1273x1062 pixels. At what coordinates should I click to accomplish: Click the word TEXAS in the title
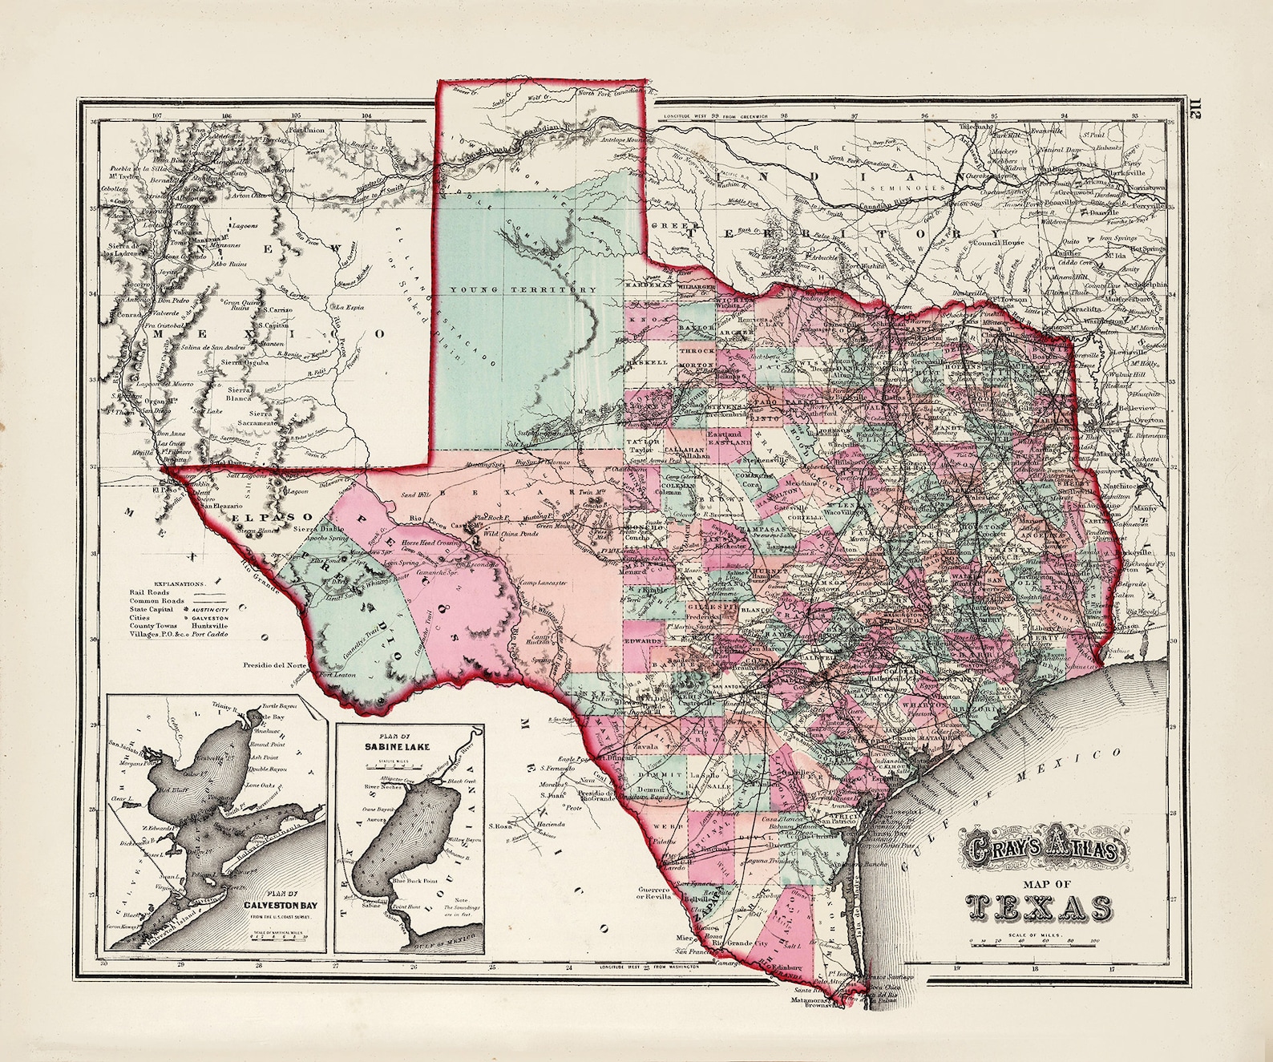[x=1039, y=907]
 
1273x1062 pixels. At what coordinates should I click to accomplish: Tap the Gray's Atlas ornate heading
[x=1039, y=845]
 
